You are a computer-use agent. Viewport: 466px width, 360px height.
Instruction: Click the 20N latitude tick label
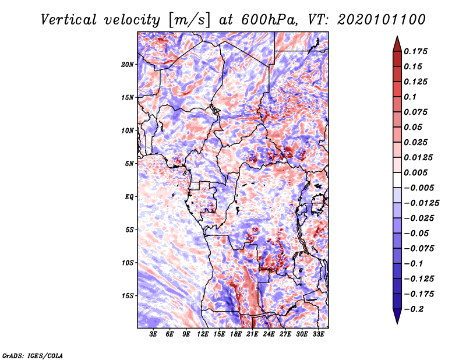128,64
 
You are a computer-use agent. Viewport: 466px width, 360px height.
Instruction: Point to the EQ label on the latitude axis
129,197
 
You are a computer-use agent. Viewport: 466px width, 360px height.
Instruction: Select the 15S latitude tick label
128,296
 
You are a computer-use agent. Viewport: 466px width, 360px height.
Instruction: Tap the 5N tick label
129,164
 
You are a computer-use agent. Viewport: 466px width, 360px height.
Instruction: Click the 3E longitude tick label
153,334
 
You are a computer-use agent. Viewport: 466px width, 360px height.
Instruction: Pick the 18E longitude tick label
236,334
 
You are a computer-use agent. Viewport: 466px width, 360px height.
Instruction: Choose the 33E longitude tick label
319,334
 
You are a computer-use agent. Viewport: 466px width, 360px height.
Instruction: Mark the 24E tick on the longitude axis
269,334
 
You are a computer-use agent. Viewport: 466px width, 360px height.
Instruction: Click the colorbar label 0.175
416,51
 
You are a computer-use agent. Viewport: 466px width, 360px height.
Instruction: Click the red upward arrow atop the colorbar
396,43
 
